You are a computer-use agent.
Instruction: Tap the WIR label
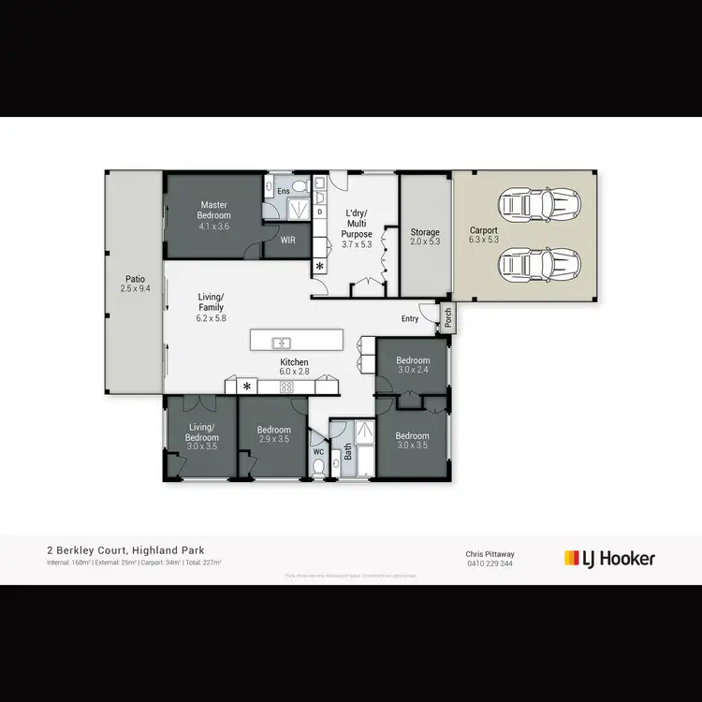click(288, 240)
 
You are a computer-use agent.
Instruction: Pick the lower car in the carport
click(540, 265)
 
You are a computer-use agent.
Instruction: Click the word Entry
click(410, 319)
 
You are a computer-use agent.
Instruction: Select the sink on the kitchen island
click(282, 341)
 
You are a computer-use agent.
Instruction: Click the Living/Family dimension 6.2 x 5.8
click(211, 318)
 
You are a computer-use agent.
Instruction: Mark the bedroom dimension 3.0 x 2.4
click(412, 371)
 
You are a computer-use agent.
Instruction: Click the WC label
click(318, 449)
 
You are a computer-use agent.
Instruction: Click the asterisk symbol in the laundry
click(319, 267)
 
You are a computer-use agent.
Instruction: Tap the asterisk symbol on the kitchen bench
click(247, 386)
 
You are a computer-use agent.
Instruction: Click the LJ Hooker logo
click(609, 559)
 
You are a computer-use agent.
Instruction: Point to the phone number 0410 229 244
click(490, 563)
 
